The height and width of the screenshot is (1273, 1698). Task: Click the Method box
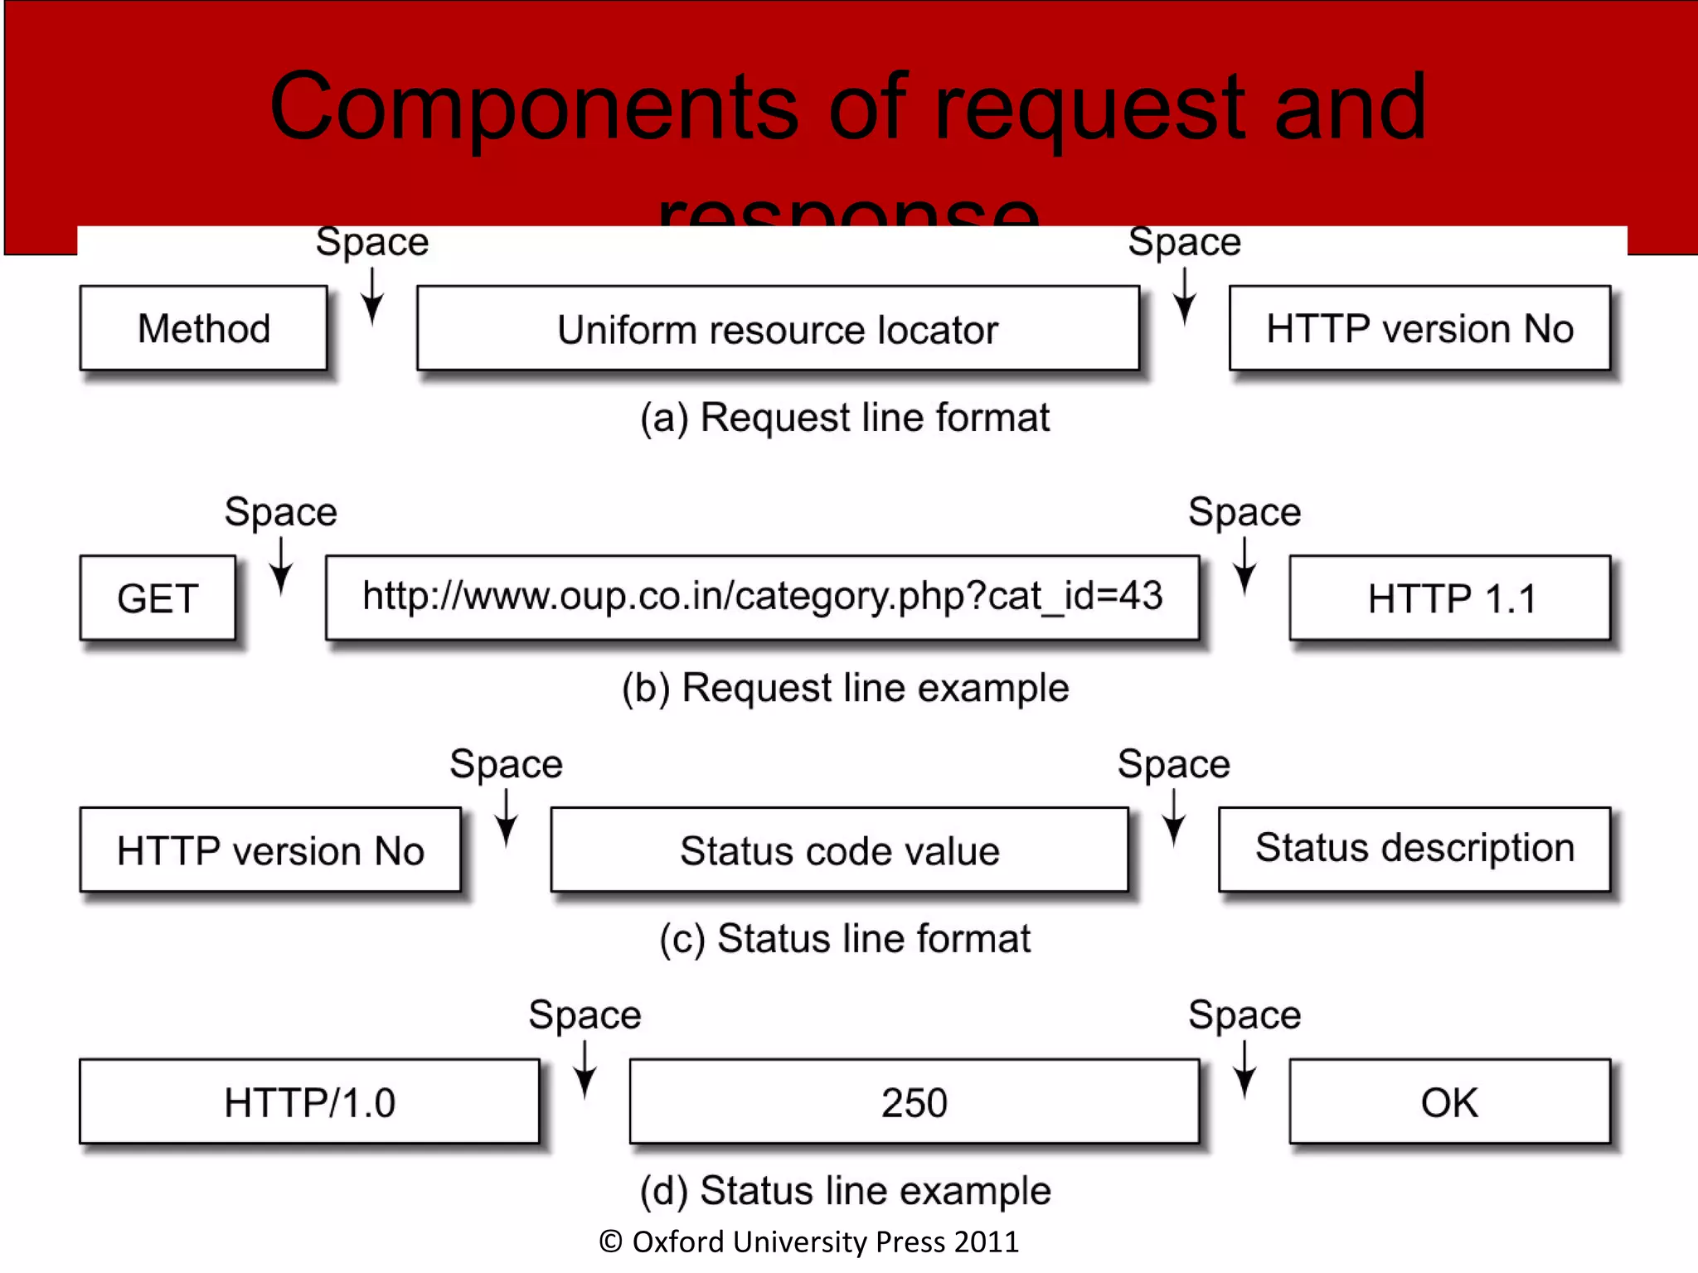click(x=203, y=328)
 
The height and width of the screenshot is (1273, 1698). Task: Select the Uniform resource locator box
click(x=778, y=328)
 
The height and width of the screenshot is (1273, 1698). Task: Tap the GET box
click(x=158, y=598)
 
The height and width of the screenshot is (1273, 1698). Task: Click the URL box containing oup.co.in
click(x=762, y=597)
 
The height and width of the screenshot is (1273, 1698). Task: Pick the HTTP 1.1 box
click(x=1450, y=598)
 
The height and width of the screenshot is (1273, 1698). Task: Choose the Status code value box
click(x=839, y=849)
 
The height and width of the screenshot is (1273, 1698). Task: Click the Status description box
click(x=1414, y=849)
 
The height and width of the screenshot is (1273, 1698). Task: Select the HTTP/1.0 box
click(x=309, y=1101)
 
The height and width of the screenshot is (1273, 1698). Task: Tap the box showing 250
click(x=914, y=1101)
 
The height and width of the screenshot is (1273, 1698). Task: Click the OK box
click(x=1449, y=1101)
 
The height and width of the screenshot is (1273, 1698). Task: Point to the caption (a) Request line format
click(x=845, y=417)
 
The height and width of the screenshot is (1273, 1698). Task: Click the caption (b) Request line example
click(x=845, y=688)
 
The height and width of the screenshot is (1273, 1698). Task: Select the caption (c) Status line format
click(x=845, y=939)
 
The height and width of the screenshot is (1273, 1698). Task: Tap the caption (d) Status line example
click(x=845, y=1191)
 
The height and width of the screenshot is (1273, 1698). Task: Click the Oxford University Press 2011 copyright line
click(x=809, y=1242)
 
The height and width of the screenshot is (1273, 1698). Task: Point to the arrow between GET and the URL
click(x=281, y=567)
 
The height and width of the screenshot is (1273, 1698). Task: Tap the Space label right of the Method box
click(x=372, y=242)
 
